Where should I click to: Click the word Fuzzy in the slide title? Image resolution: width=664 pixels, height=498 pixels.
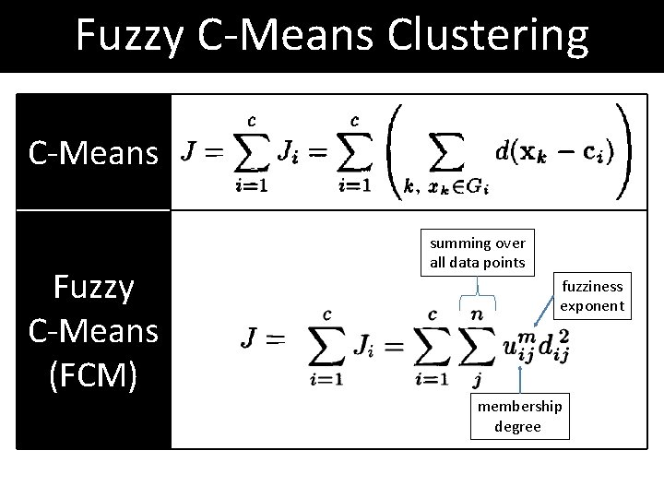pos(130,35)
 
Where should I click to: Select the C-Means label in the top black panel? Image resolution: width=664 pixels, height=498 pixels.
pos(93,153)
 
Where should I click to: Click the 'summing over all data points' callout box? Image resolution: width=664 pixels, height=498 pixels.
pos(478,253)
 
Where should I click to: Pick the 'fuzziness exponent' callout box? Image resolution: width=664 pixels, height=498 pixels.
pos(592,295)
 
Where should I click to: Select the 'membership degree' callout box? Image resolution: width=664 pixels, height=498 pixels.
pos(519,416)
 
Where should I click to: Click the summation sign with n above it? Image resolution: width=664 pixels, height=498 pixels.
pos(476,349)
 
